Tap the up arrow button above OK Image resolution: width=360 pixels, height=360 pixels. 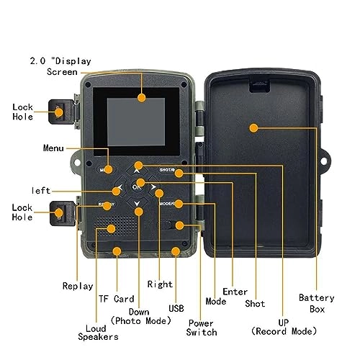tap(138, 169)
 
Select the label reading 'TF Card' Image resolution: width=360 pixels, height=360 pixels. tap(116, 298)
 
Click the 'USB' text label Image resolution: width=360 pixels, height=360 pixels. tap(176, 308)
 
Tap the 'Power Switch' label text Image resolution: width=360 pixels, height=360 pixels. tap(202, 328)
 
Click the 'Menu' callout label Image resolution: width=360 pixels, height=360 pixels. tap(53, 148)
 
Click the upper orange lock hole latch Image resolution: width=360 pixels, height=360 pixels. tap(59, 111)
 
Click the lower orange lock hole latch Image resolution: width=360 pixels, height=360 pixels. tap(59, 212)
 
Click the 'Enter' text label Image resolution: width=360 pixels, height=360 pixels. tap(235, 292)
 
